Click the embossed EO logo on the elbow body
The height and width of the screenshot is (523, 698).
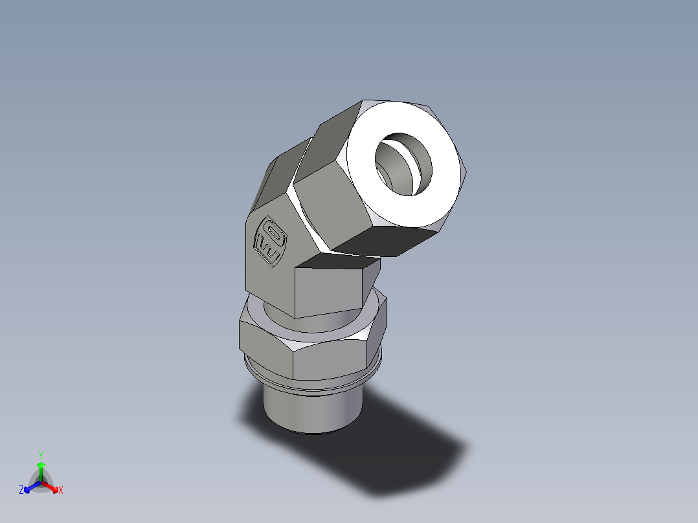point(269,241)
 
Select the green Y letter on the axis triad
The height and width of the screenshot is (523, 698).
point(40,455)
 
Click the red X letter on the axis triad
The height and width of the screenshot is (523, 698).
point(61,491)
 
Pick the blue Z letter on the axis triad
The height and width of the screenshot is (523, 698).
point(21,491)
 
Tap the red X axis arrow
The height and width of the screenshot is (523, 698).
point(52,486)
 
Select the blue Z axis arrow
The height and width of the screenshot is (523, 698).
point(30,486)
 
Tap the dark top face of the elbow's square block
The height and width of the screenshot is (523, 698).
point(337,261)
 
